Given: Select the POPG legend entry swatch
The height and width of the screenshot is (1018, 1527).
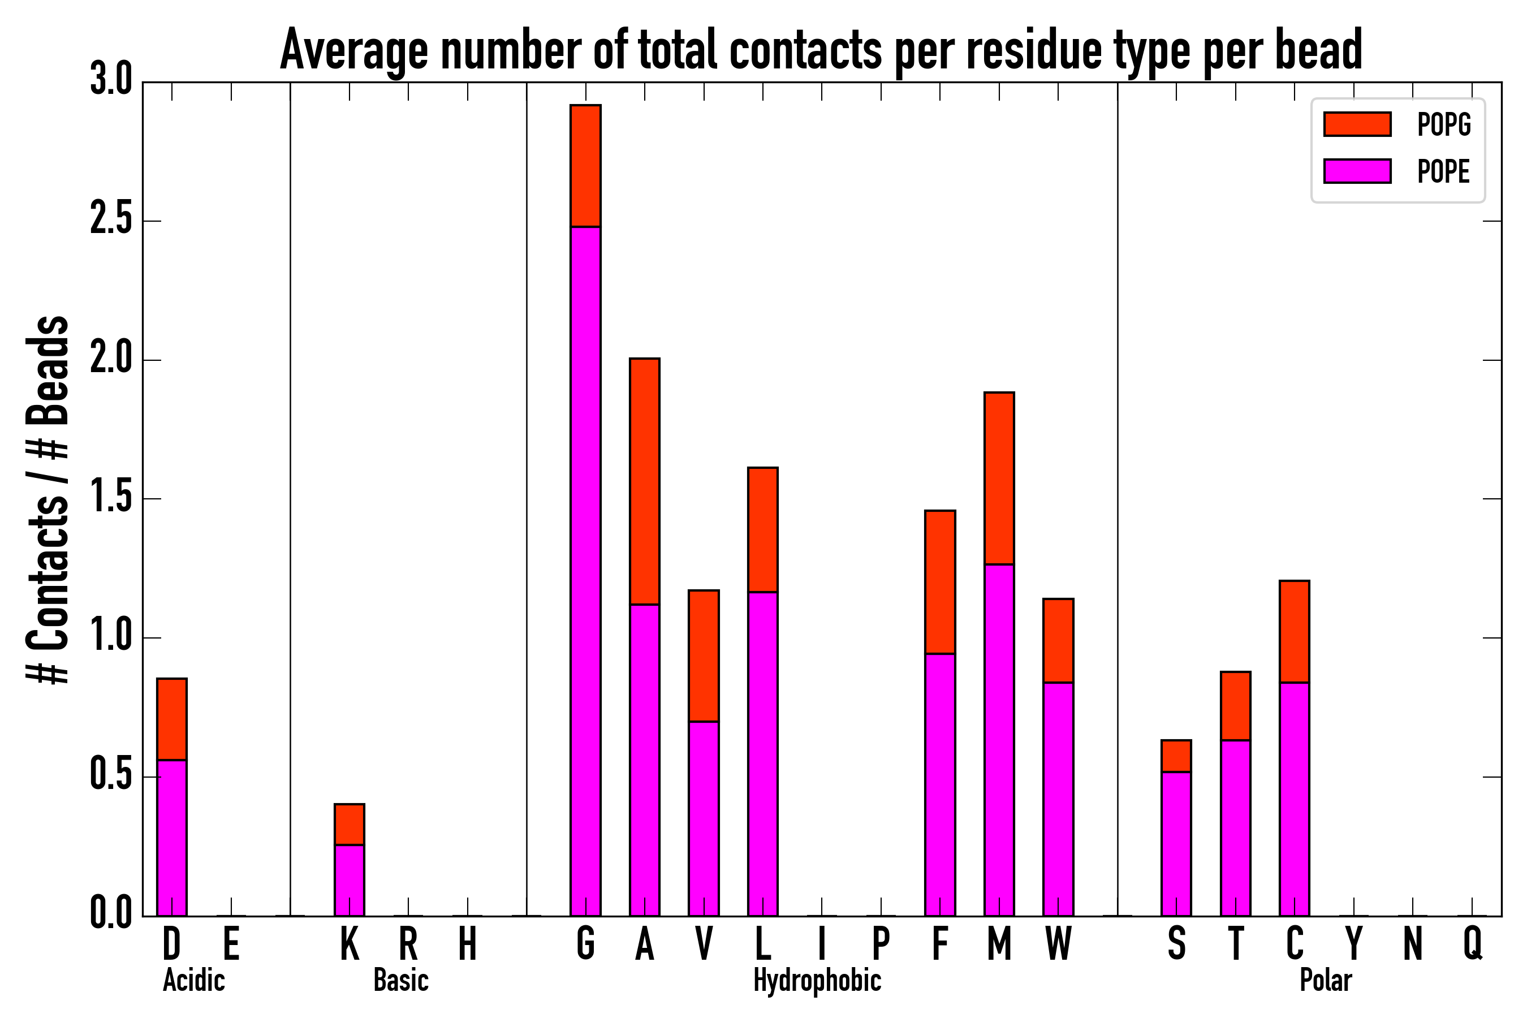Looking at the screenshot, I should pyautogui.click(x=1357, y=124).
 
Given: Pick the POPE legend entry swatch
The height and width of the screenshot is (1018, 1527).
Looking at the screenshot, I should pyautogui.click(x=1357, y=171).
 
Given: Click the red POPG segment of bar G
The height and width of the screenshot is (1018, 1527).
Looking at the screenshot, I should pyautogui.click(x=585, y=166).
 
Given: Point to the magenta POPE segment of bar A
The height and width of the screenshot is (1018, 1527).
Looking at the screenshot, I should pyautogui.click(x=644, y=760).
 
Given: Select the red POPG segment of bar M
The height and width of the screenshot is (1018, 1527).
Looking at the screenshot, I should pyautogui.click(x=999, y=478).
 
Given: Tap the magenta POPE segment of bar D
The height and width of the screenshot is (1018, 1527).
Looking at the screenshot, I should pyautogui.click(x=172, y=838).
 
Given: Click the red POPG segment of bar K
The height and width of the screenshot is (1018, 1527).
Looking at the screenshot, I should pyautogui.click(x=350, y=825).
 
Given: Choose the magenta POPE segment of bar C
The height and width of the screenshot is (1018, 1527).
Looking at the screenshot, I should pyautogui.click(x=1295, y=799).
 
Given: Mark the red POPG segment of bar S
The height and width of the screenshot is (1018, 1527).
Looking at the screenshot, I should pyautogui.click(x=1176, y=756).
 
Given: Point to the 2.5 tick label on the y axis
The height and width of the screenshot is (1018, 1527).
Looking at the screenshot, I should pyautogui.click(x=111, y=221).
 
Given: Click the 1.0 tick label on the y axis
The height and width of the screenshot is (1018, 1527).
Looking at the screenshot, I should pyautogui.click(x=111, y=637).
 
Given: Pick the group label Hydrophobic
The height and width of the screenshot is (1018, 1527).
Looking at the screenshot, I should pyautogui.click(x=817, y=980).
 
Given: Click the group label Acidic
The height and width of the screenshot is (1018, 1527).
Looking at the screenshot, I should pyautogui.click(x=193, y=980).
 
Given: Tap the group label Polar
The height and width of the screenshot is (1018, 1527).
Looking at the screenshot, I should pyautogui.click(x=1325, y=980).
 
